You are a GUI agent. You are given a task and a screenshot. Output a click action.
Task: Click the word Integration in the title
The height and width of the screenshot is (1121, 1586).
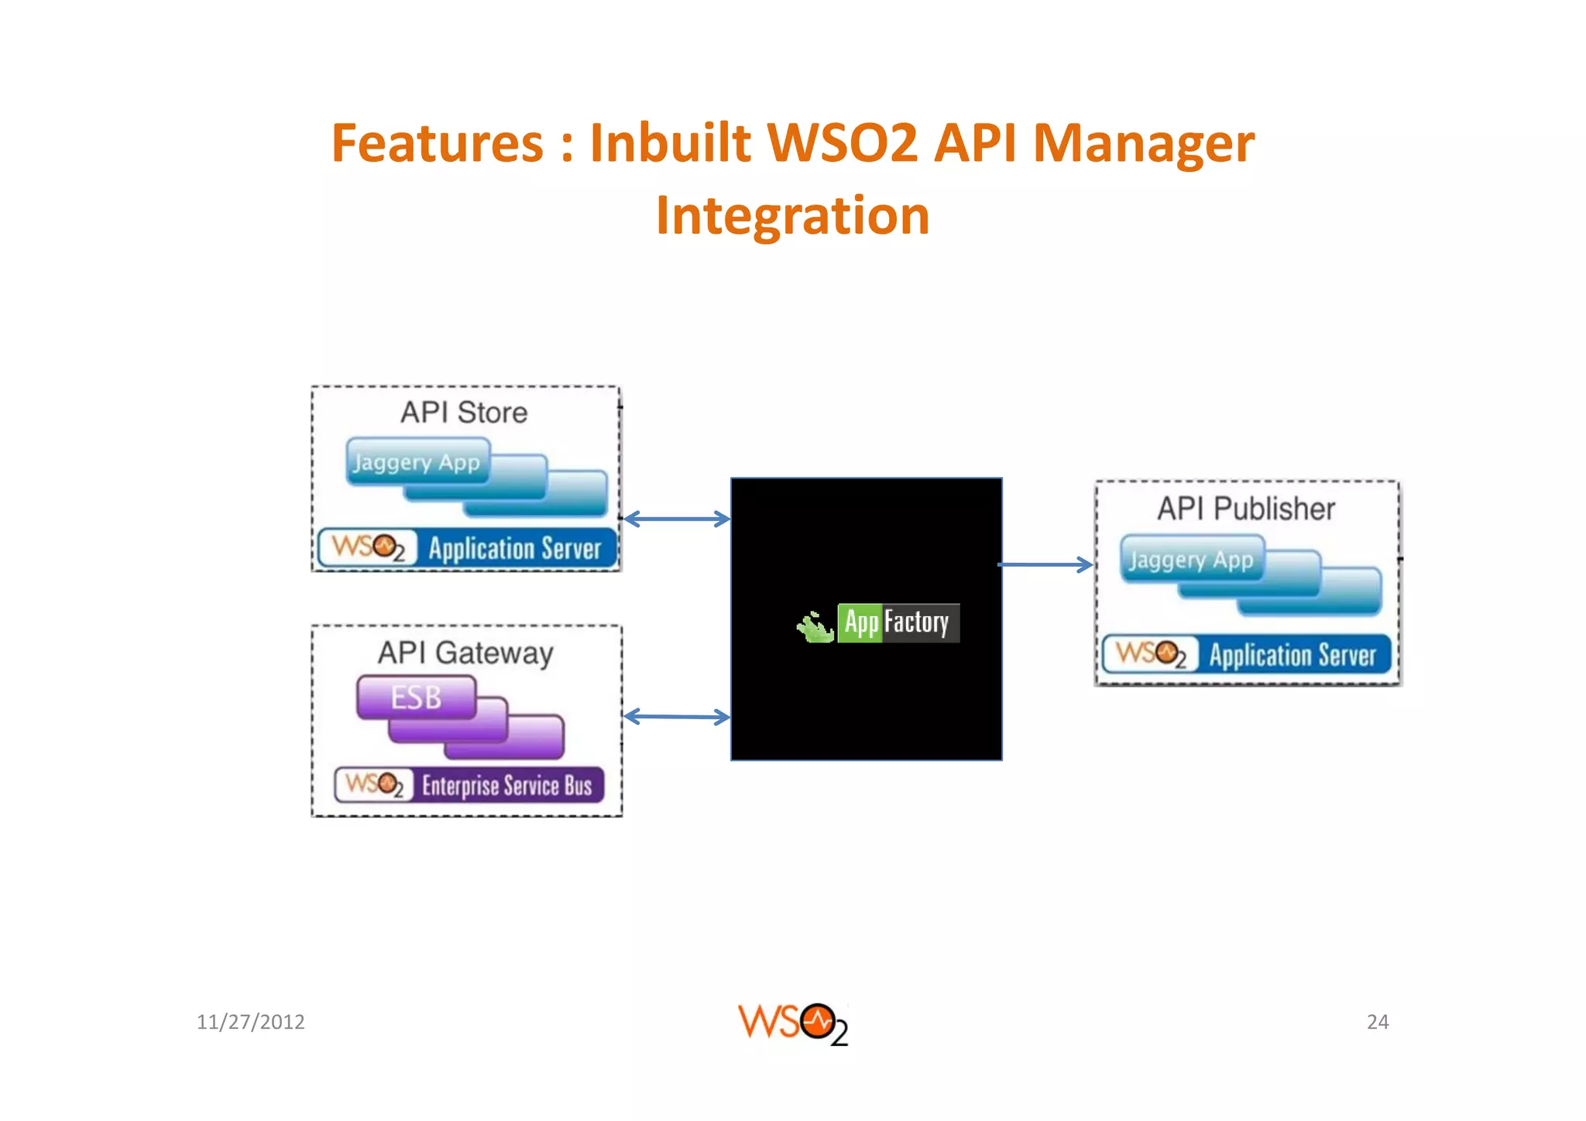[x=792, y=215]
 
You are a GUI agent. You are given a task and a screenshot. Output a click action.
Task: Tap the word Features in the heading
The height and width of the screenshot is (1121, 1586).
[x=438, y=144]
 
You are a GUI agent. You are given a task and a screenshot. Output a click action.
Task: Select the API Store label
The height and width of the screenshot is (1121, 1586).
[x=464, y=413]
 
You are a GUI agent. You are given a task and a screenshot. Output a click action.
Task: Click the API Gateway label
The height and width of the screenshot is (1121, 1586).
[x=465, y=653]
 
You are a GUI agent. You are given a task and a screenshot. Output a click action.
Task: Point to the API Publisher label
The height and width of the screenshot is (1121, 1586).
[x=1246, y=509]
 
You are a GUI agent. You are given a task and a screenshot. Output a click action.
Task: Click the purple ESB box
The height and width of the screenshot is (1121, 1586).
[x=417, y=698]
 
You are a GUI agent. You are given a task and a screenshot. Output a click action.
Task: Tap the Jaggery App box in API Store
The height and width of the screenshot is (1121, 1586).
[x=417, y=462]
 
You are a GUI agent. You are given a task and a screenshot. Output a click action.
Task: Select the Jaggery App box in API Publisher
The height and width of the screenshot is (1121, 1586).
[x=1191, y=559]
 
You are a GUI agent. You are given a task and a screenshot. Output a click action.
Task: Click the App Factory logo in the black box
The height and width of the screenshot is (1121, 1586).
[x=878, y=623]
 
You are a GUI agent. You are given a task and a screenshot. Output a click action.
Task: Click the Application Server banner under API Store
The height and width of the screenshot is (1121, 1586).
[x=467, y=548]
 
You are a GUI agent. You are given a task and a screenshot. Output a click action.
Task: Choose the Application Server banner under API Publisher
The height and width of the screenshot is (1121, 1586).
[x=1247, y=655]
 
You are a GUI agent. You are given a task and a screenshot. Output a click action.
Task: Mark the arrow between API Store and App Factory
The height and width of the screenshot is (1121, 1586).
[x=677, y=519]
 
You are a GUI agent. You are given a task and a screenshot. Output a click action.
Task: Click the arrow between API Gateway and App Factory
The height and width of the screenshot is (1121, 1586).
[x=677, y=717]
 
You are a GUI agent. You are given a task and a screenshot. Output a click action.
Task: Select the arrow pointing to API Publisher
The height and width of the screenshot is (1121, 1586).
[x=1045, y=565]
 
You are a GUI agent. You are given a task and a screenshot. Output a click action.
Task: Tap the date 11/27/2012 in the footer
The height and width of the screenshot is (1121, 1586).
[x=250, y=1022]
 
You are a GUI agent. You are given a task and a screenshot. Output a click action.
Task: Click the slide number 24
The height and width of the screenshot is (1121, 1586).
[x=1377, y=1022]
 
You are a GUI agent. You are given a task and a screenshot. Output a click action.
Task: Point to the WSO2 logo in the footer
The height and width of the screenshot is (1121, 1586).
[x=792, y=1023]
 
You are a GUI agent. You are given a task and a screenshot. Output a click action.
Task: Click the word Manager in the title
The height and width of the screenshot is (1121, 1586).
[x=1143, y=144]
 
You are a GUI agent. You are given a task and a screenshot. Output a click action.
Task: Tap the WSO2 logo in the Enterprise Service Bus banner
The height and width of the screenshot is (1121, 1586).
[x=374, y=785]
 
